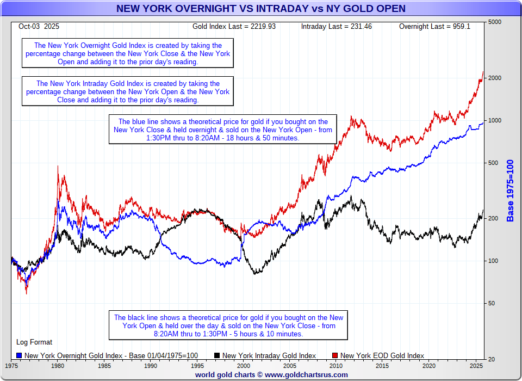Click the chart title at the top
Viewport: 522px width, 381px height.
click(x=260, y=8)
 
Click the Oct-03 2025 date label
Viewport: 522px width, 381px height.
click(x=39, y=26)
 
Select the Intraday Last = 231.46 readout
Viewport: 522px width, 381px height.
click(x=336, y=26)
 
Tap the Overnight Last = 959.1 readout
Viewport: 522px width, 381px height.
click(x=434, y=26)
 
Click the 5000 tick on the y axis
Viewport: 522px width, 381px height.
click(x=495, y=22)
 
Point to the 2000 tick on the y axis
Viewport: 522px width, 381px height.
click(x=495, y=78)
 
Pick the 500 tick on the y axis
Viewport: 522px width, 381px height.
click(x=493, y=163)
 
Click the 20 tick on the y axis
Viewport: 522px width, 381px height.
click(x=492, y=359)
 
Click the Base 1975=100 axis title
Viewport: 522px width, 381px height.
click(x=510, y=190)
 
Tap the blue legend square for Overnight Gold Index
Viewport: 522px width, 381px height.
click(x=20, y=355)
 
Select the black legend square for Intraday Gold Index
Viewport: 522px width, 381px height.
click(x=217, y=355)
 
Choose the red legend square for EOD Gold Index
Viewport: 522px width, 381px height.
click(x=335, y=355)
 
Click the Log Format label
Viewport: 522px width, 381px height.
click(x=34, y=342)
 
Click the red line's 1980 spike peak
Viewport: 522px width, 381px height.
click(x=58, y=167)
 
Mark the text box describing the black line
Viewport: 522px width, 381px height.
click(x=228, y=325)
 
